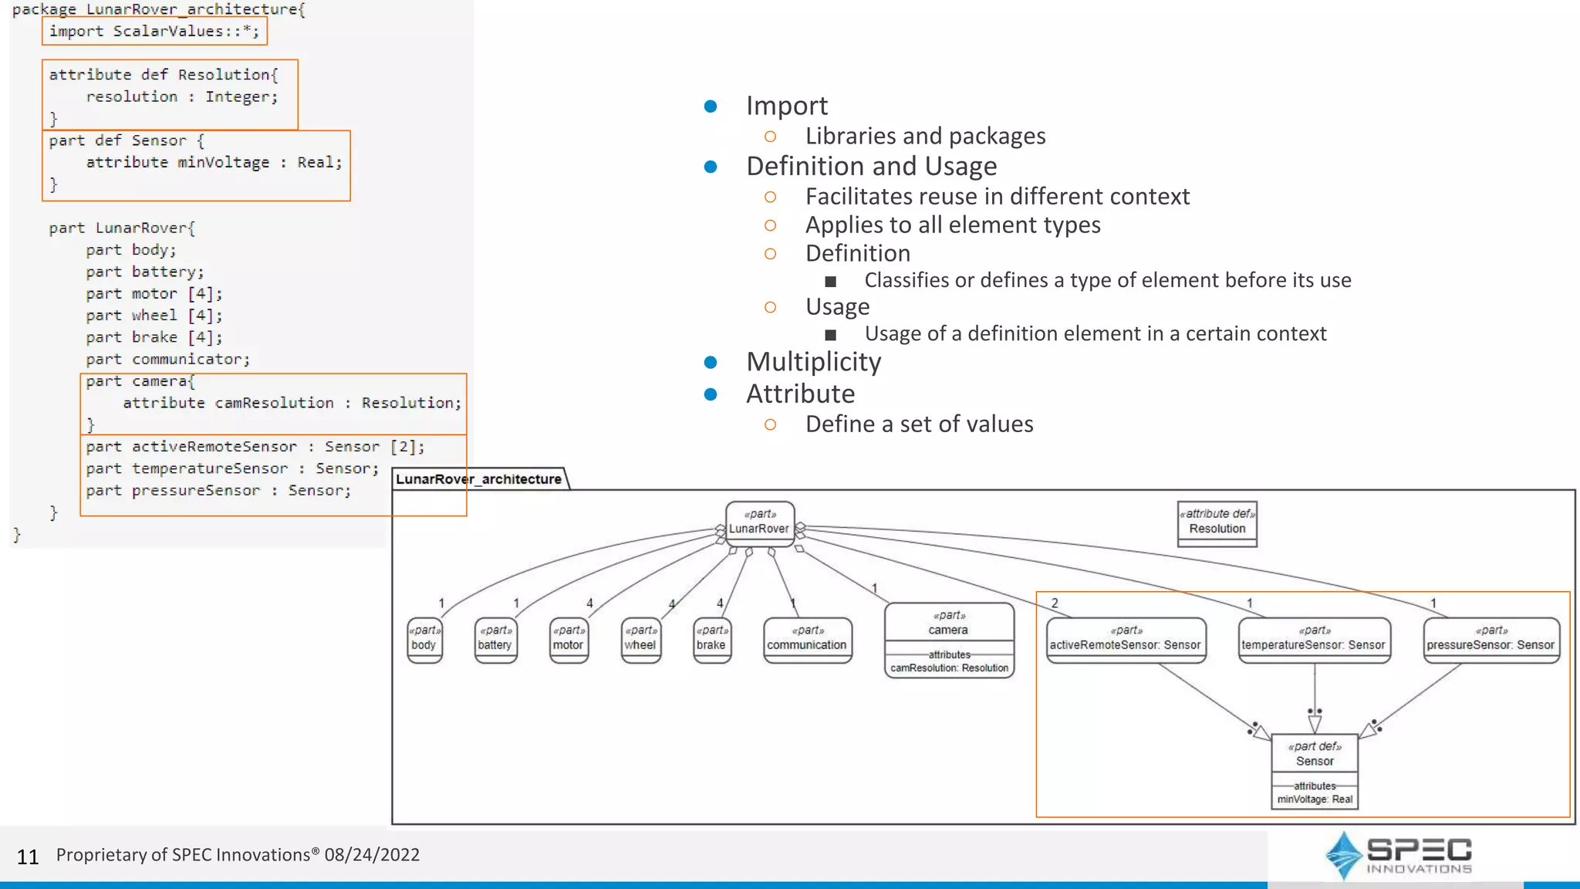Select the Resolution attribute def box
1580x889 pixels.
point(1217,524)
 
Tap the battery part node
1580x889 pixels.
point(495,640)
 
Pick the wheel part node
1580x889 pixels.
point(640,640)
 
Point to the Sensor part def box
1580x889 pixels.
point(1315,770)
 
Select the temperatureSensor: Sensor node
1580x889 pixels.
point(1314,640)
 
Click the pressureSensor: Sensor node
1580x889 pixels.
point(1491,640)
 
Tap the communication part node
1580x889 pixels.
point(807,640)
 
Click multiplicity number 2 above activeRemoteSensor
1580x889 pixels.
point(1055,603)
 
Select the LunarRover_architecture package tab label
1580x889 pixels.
point(478,479)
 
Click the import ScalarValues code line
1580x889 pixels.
point(154,32)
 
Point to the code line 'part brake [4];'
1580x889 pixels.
point(154,337)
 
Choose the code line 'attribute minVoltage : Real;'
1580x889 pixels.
point(214,163)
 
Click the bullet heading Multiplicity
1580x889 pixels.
point(813,362)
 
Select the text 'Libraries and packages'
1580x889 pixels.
point(925,137)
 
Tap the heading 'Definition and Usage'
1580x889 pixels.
point(871,167)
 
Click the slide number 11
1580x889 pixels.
point(28,857)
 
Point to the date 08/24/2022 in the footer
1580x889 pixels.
point(372,855)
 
